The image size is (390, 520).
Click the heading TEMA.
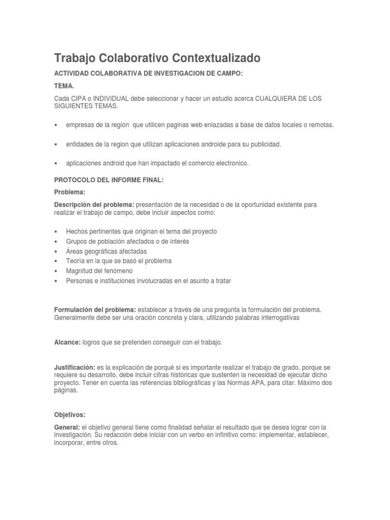(x=64, y=86)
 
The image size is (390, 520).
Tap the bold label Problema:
(x=70, y=192)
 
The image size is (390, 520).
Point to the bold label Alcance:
(x=67, y=343)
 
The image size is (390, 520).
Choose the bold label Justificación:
(x=75, y=367)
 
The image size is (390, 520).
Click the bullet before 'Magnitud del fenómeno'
(x=55, y=271)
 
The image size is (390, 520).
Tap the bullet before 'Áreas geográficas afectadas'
(x=55, y=251)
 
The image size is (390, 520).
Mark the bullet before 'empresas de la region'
(x=55, y=125)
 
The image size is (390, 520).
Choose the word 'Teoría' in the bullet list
(x=75, y=261)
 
